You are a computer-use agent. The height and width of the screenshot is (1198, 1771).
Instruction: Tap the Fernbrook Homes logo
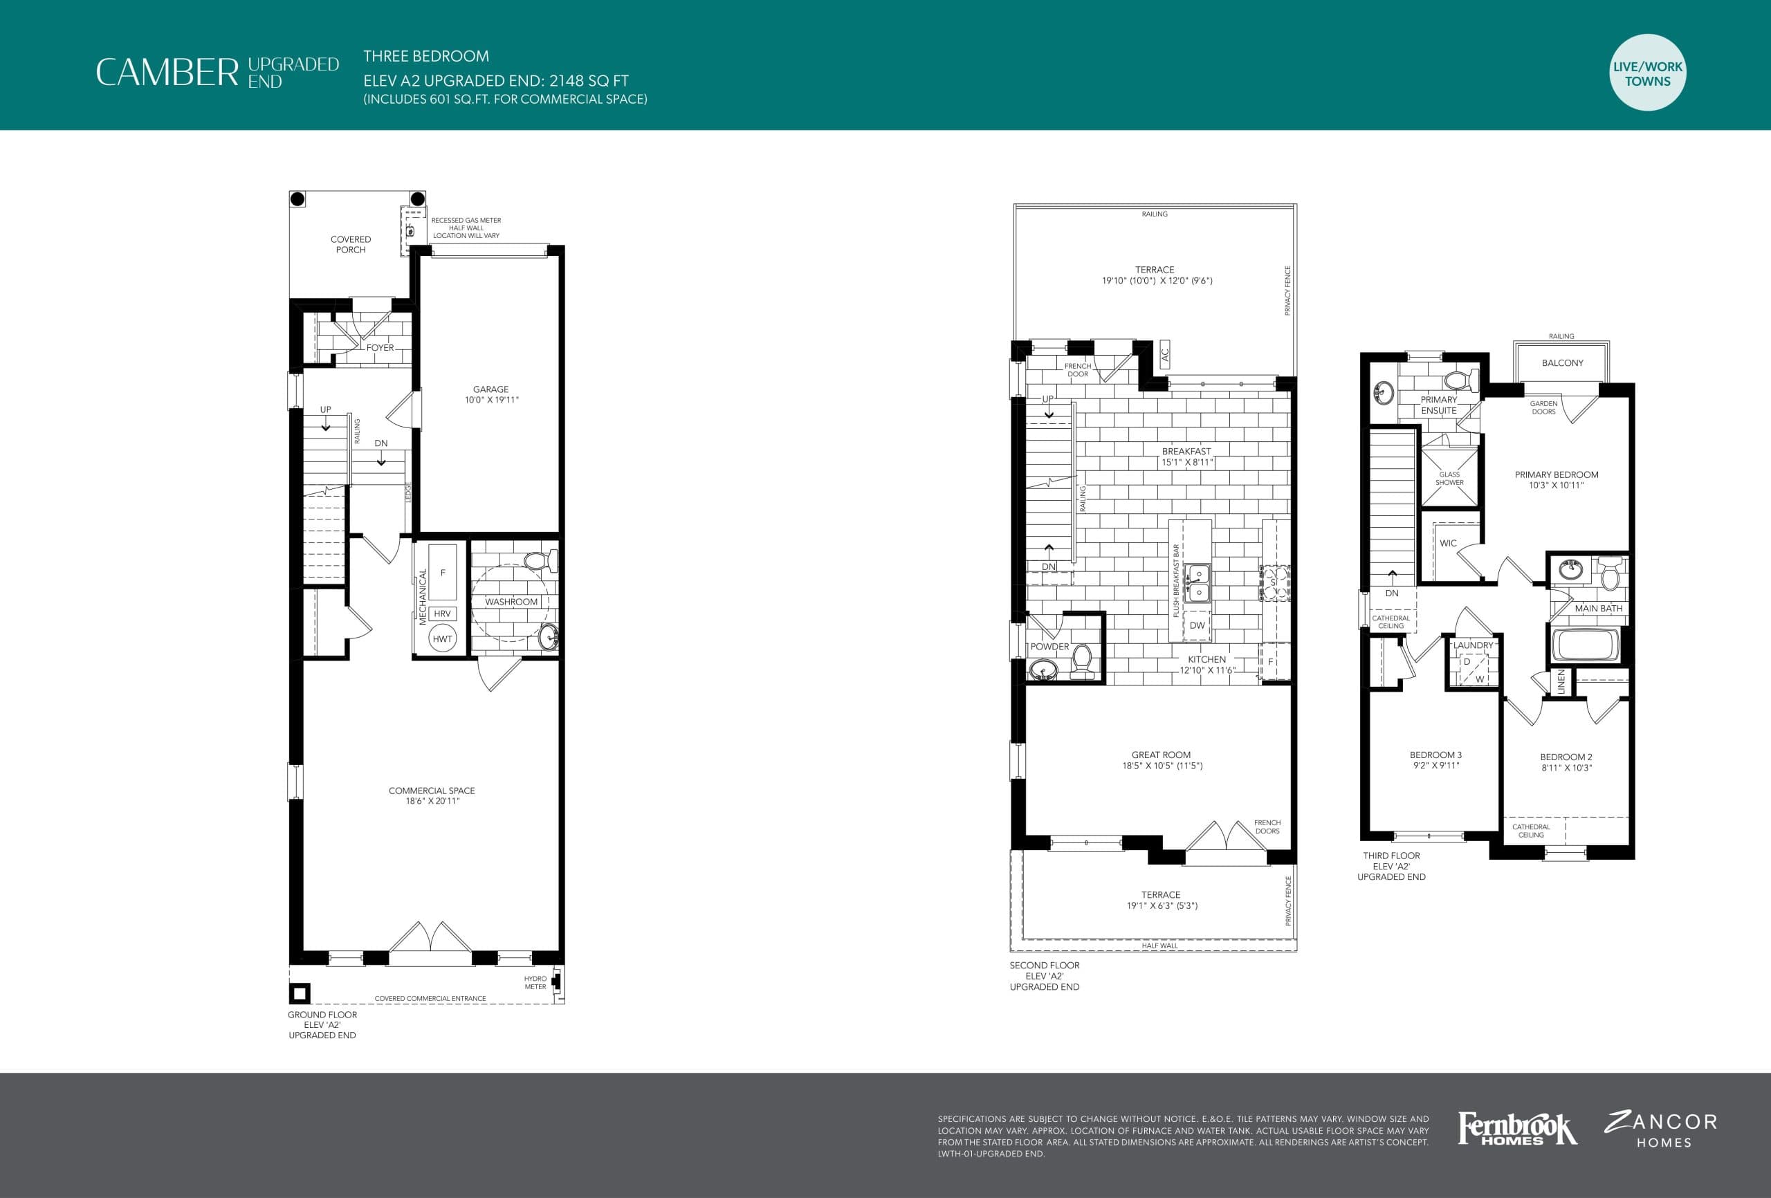pos(1516,1129)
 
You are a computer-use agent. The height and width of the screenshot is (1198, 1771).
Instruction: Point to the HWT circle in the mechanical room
pos(442,638)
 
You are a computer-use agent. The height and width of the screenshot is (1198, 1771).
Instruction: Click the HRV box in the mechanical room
pos(442,614)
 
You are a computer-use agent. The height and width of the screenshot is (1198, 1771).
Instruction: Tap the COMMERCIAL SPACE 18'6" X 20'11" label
pos(431,795)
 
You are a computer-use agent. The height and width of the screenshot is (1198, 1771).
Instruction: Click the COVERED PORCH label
pos(351,245)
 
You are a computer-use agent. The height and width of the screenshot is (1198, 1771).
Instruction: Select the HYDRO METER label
pos(535,982)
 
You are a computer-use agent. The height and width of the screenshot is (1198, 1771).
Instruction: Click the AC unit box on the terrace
pos(1164,355)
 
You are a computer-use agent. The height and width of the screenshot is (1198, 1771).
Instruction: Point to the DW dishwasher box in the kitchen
pos(1198,625)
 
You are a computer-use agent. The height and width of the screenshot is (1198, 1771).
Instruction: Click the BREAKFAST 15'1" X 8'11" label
pos(1186,457)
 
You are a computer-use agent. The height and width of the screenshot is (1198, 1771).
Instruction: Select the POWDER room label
pos(1049,646)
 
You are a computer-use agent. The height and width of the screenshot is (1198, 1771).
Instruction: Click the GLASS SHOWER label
pos(1449,479)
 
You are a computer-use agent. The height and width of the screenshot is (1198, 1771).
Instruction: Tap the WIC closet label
pos(1448,544)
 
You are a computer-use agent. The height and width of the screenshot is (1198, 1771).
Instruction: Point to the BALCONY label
pos(1562,362)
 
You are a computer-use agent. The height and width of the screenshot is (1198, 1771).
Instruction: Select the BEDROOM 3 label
pos(1435,759)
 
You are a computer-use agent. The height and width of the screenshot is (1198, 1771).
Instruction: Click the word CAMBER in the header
pos(167,73)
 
